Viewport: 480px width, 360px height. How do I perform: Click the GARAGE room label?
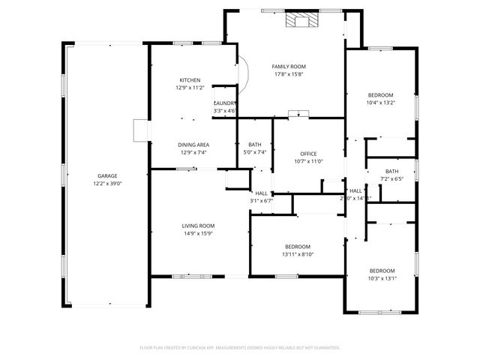[x=106, y=175]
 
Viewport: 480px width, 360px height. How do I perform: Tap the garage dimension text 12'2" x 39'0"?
[x=106, y=183]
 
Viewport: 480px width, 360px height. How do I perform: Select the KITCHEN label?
[x=190, y=80]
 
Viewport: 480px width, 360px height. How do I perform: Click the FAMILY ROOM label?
[x=289, y=67]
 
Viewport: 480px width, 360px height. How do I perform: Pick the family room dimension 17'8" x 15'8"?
[x=289, y=74]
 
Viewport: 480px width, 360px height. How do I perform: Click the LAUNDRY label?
[x=225, y=103]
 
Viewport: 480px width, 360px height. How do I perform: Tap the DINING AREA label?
[x=193, y=145]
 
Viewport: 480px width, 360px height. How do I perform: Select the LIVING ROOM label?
[x=198, y=226]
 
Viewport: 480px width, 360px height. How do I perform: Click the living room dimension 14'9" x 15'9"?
[x=198, y=233]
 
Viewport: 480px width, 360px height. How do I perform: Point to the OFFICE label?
[x=309, y=154]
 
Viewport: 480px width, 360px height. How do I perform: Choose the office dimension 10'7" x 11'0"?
[x=309, y=161]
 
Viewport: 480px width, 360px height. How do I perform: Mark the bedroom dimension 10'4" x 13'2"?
[x=380, y=103]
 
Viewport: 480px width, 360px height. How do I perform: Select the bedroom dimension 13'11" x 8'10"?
[x=298, y=254]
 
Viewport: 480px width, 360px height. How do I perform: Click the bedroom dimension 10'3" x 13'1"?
[x=382, y=278]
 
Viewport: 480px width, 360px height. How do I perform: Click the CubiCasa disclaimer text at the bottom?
[x=240, y=347]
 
